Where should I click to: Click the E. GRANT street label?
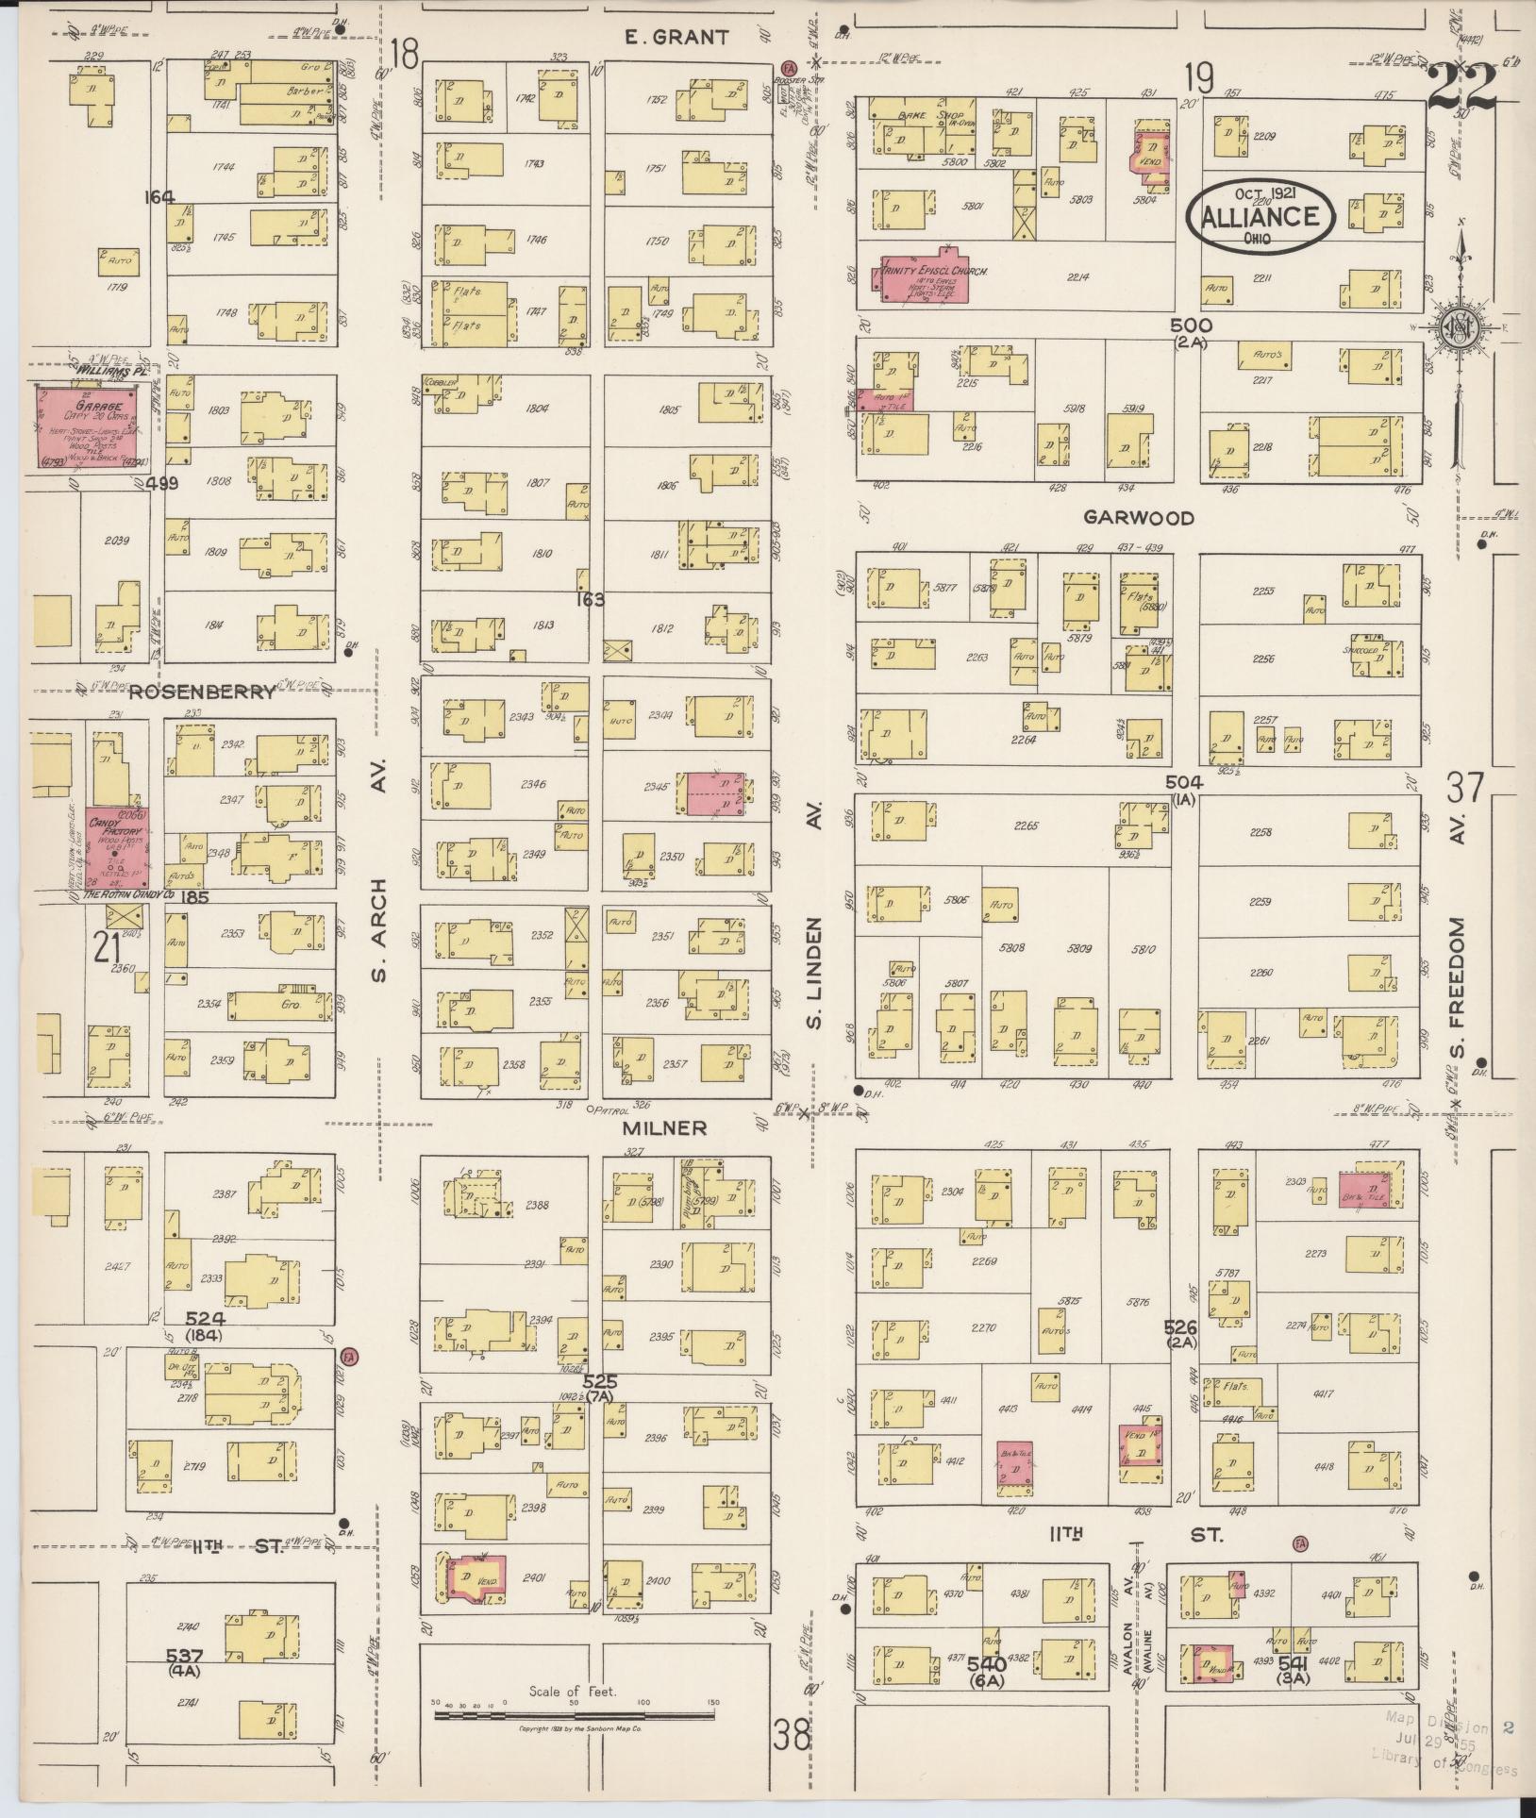point(677,38)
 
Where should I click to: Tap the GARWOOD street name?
point(1138,518)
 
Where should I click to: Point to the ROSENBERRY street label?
point(202,692)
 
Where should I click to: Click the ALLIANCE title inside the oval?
point(1260,217)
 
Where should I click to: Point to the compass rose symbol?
point(1458,327)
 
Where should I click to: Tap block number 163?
point(593,599)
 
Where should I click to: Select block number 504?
point(1182,782)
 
